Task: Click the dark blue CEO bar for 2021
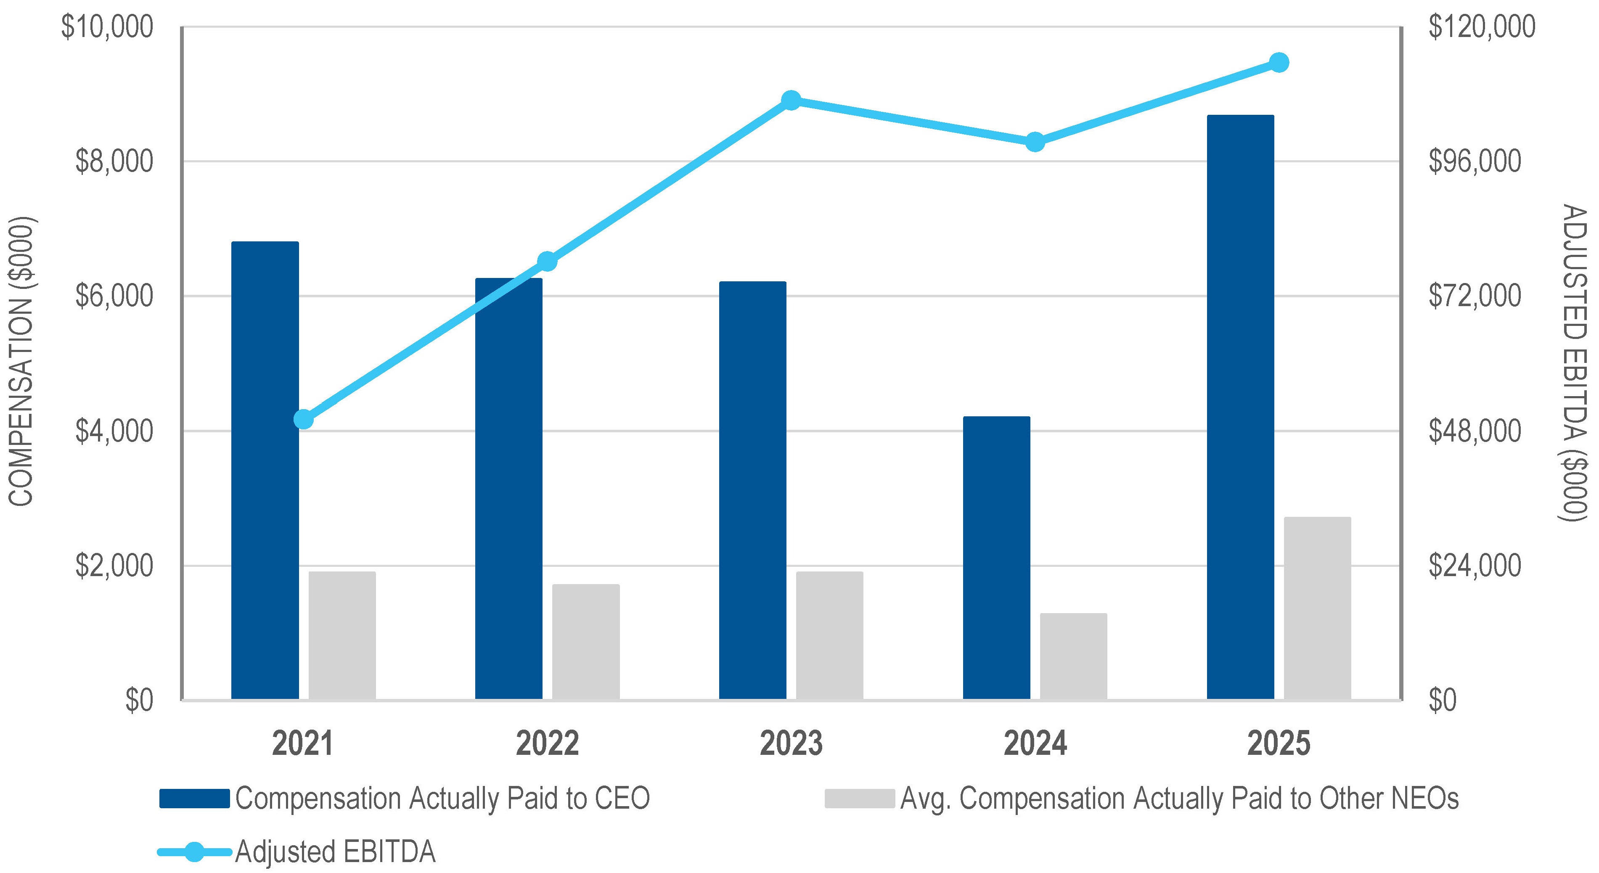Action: point(265,470)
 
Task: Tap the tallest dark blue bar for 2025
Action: point(1240,407)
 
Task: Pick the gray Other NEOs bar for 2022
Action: point(586,642)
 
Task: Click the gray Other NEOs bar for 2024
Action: point(1074,656)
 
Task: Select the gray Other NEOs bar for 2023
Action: point(830,635)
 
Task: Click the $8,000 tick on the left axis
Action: point(114,161)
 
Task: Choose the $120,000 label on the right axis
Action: point(1482,26)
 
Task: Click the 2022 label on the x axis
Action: point(547,743)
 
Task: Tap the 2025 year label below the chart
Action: point(1279,743)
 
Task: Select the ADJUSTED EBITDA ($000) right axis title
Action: point(1573,363)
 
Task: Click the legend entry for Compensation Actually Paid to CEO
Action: point(405,798)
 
